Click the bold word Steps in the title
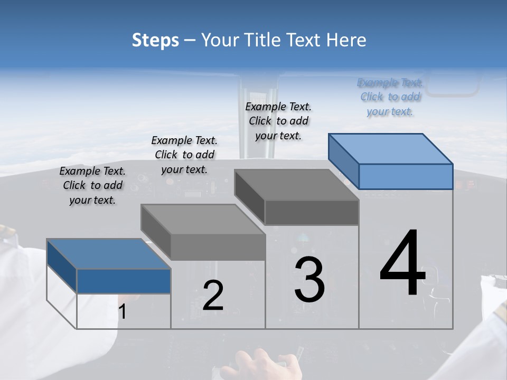pos(155,40)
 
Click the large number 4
pos(402,264)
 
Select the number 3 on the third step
pos(309,280)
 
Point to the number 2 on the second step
pos(213,296)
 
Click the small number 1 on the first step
pos(122,312)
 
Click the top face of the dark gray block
pos(296,185)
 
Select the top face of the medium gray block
pos(203,220)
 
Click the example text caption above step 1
pos(92,185)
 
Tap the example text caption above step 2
pos(184,155)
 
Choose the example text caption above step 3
pos(278,121)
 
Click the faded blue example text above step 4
pos(390,97)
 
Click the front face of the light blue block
pos(406,176)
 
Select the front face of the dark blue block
pos(124,281)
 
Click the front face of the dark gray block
pos(312,212)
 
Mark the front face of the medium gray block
pos(218,247)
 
